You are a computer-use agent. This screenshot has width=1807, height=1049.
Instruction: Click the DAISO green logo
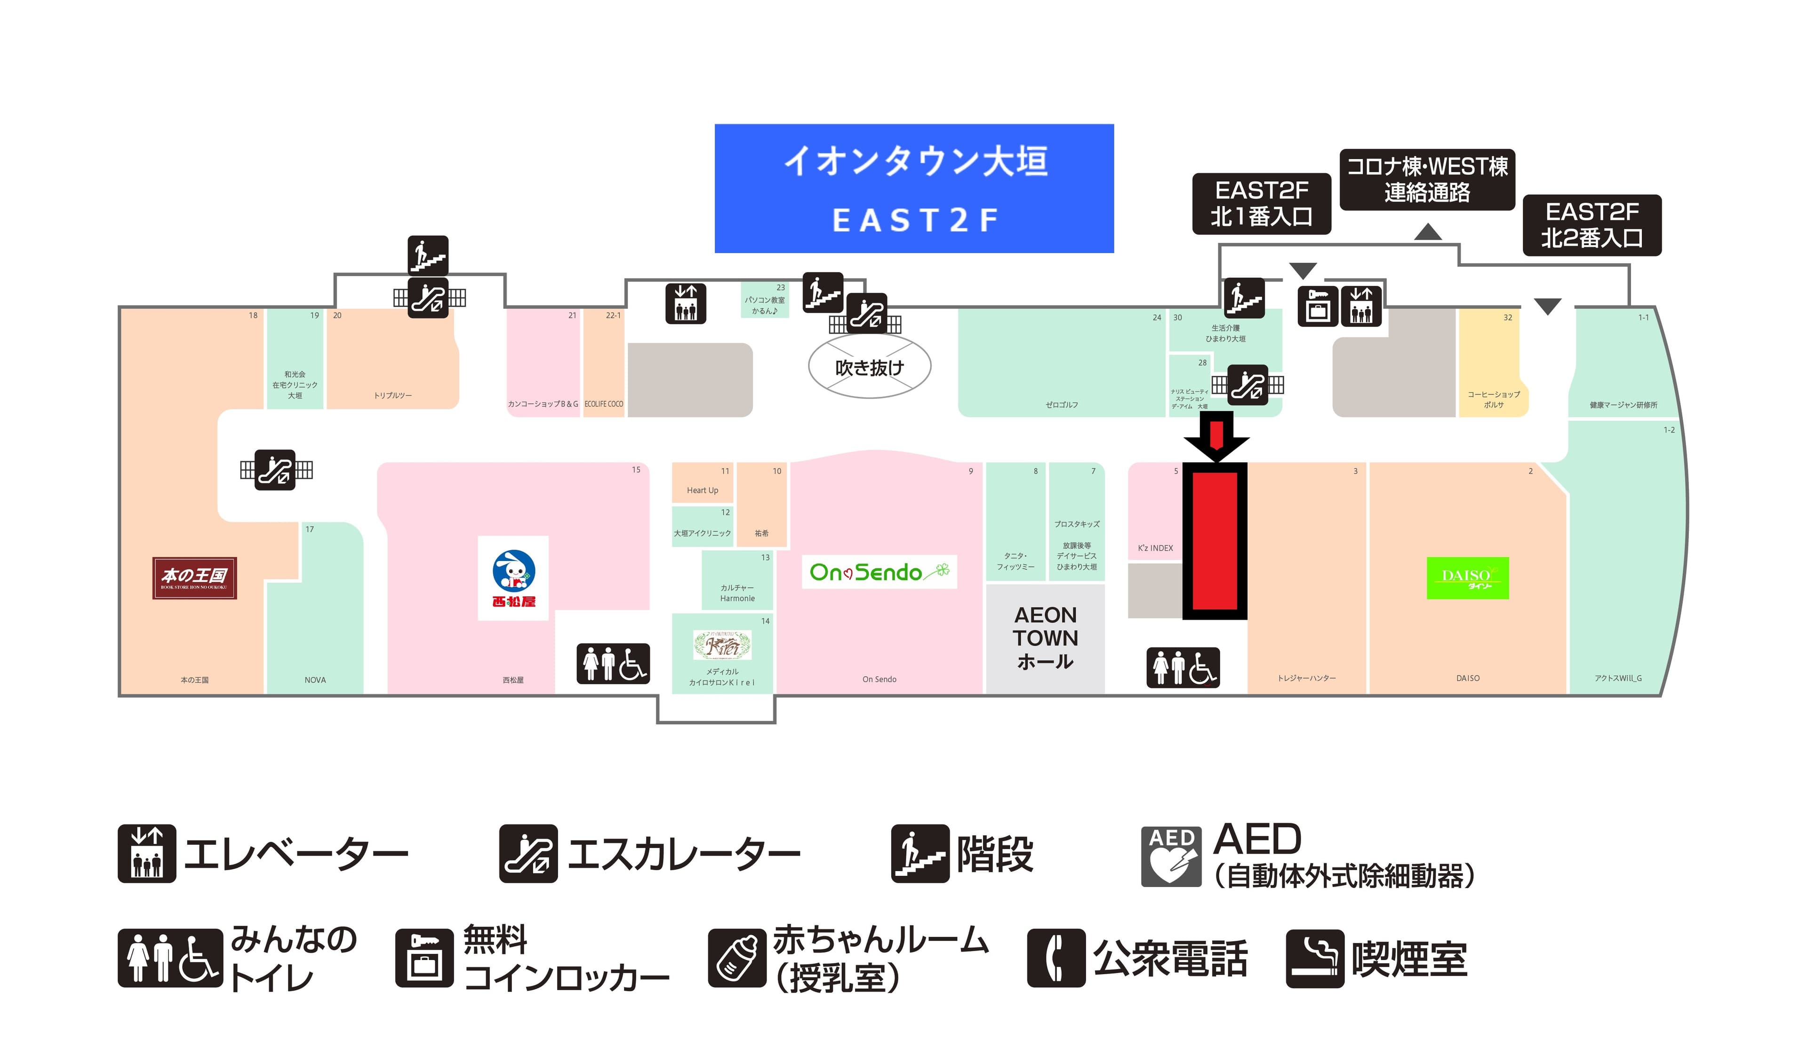1467,577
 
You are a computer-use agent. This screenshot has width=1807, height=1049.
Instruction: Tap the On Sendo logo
879,571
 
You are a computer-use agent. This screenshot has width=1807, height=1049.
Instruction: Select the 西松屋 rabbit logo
513,577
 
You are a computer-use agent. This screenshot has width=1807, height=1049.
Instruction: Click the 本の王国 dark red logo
194,577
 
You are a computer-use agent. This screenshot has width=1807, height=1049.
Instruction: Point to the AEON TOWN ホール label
1045,637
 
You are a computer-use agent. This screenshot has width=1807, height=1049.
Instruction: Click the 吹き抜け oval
869,367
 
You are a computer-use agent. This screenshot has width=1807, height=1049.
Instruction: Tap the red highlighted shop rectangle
1214,540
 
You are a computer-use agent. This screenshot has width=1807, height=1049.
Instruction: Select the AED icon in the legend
1171,856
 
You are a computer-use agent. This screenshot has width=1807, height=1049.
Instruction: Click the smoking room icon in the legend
1314,958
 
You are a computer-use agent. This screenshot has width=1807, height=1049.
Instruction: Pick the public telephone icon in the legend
1055,958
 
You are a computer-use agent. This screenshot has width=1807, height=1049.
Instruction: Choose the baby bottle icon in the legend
737,958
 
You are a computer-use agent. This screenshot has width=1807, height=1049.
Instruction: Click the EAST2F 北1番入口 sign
1261,204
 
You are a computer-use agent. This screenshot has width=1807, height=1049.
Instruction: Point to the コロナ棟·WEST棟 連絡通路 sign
1427,179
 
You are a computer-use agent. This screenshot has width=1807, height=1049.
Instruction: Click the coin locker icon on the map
1318,306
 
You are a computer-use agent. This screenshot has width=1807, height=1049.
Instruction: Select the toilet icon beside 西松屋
613,663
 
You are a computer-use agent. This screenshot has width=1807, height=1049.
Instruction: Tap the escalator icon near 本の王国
275,470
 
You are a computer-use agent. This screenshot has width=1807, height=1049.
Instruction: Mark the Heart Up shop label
702,490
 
